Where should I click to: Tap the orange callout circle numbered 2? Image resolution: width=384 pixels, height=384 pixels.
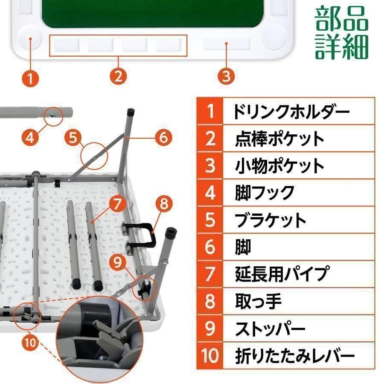coord(118,76)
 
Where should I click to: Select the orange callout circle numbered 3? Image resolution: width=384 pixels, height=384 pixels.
coord(226,76)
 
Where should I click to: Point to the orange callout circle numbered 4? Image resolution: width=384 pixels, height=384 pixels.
coord(30,137)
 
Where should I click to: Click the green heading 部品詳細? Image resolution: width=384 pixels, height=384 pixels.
coord(341,32)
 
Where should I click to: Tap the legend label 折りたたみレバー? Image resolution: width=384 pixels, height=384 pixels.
coord(294,355)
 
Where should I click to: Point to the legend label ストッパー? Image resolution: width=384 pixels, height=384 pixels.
coord(270,329)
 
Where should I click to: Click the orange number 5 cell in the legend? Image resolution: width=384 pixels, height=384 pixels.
coord(210,220)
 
